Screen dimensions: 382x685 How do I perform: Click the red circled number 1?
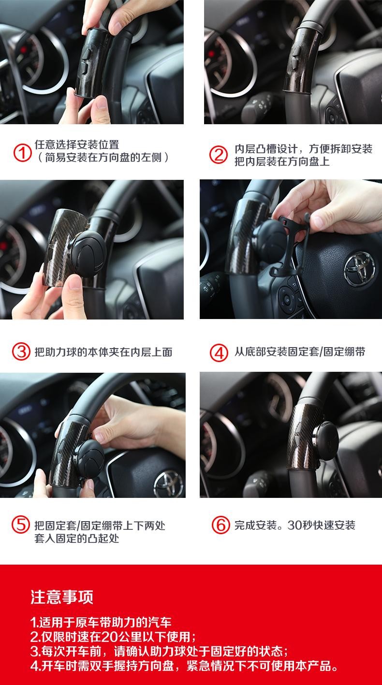[22, 153]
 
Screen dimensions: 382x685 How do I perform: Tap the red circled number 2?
[219, 155]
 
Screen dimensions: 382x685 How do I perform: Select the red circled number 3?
[21, 351]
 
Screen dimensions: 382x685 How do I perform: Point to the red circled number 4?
[219, 352]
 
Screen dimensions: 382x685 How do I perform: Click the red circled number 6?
[221, 525]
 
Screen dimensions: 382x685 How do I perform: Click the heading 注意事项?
[62, 597]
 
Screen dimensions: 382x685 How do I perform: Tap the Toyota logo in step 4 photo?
[360, 269]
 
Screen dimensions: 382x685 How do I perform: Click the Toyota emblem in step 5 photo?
[168, 484]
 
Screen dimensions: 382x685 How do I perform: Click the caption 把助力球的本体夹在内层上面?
[103, 352]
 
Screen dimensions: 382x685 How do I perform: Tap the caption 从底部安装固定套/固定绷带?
[300, 351]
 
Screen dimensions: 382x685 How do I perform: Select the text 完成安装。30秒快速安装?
[295, 525]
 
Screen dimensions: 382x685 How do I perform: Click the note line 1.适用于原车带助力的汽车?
[101, 622]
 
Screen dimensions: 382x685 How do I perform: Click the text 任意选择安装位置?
[77, 145]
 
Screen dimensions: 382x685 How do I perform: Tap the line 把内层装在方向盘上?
[282, 161]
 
